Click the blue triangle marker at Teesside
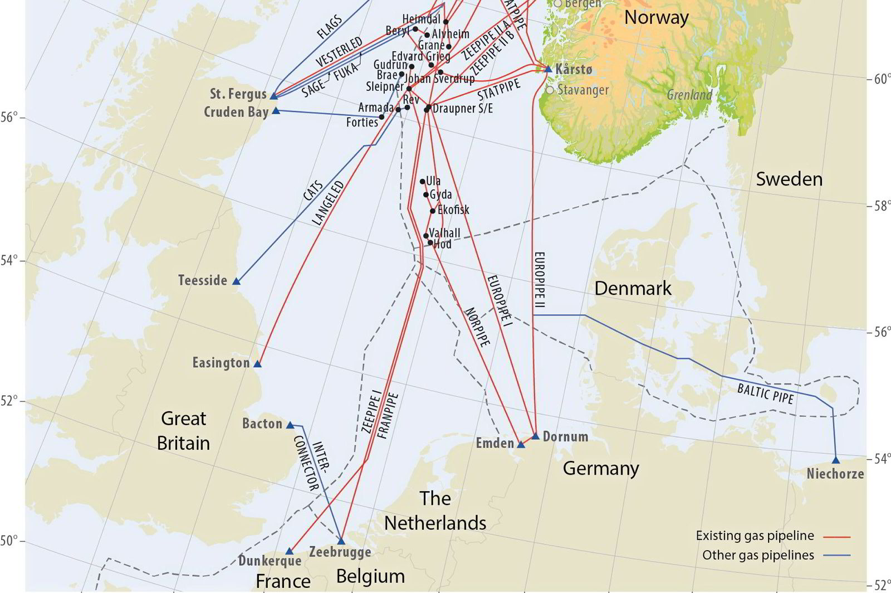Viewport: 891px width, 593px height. pos(236,281)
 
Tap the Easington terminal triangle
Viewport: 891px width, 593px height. pos(257,364)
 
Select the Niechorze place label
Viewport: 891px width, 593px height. pos(835,474)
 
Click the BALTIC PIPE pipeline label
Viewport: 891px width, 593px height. pos(765,393)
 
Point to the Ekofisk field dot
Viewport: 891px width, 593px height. pos(433,211)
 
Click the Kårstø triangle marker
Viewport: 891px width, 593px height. pos(548,69)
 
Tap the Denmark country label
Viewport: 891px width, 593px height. pos(633,288)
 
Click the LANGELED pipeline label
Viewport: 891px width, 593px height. pos(328,203)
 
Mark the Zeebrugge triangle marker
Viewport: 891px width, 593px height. pos(341,541)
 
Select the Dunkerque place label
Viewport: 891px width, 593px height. pos(270,561)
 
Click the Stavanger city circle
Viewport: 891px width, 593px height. pos(550,90)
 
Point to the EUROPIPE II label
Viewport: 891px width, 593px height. pos(539,280)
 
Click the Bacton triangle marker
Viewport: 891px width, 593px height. pos(290,425)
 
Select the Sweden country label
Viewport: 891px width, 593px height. pos(789,179)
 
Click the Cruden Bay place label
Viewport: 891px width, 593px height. pos(236,112)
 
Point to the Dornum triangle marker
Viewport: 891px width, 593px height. pos(536,436)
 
